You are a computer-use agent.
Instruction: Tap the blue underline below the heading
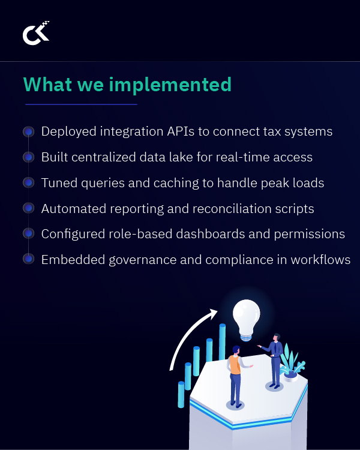coord(81,104)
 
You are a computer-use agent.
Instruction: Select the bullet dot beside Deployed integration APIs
coord(28,131)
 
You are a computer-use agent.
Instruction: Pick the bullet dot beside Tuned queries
coord(28,182)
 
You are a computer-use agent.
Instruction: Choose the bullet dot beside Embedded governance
coord(28,259)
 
